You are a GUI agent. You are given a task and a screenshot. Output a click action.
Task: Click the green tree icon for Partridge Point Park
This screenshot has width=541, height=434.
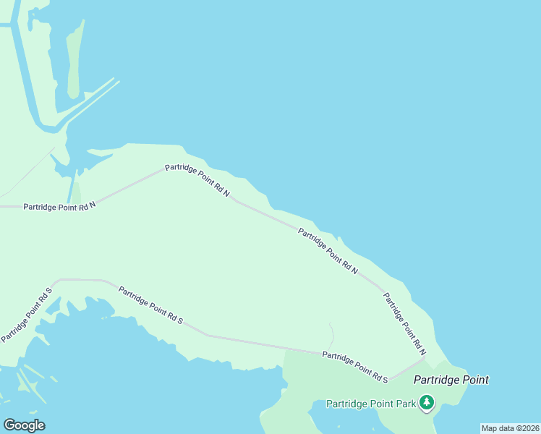(427, 402)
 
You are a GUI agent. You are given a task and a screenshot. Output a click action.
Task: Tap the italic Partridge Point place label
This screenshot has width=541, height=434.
(451, 380)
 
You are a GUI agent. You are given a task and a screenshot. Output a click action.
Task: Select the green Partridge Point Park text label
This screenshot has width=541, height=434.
(371, 404)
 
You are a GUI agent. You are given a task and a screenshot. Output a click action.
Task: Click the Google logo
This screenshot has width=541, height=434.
(24, 425)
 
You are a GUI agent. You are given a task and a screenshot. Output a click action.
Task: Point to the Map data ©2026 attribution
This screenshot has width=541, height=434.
(510, 428)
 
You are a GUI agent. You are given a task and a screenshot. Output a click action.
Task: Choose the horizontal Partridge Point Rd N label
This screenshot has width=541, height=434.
(59, 206)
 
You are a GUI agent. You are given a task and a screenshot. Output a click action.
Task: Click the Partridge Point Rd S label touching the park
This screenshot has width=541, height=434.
(355, 367)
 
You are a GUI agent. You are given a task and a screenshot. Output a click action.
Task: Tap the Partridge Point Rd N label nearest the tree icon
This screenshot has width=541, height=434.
(404, 323)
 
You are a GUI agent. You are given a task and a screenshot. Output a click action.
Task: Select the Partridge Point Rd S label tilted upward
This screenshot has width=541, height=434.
(27, 315)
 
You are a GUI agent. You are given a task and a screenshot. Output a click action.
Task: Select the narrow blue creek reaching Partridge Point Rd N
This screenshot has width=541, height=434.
(71, 190)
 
